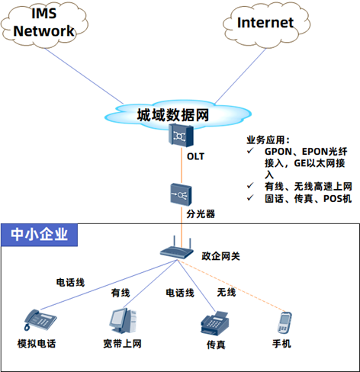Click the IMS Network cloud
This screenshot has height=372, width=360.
44,24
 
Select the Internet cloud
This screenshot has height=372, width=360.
266,24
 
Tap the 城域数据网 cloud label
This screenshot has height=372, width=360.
173,115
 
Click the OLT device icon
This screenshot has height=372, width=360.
181,135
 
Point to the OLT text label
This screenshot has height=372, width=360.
195,156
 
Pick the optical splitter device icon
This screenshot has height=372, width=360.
181,194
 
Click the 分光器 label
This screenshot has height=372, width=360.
201,214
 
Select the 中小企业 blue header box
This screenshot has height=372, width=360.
40,235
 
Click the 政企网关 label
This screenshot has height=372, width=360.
220,256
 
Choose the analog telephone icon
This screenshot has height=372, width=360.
40,319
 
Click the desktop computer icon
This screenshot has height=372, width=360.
123,320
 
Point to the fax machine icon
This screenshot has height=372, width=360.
215,322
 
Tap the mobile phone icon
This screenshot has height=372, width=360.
284,322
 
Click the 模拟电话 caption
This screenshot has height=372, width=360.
37,344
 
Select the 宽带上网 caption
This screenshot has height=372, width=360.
122,344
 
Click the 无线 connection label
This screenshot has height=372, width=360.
227,292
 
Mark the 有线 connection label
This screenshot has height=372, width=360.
121,293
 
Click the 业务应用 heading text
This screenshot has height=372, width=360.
268,140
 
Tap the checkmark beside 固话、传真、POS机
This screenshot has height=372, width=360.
250,197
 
